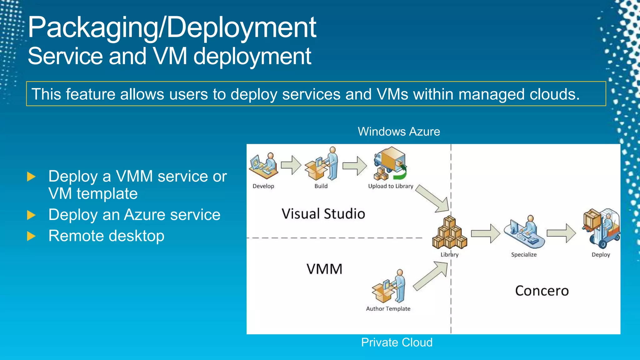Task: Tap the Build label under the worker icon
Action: click(321, 186)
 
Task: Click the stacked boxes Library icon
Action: click(449, 233)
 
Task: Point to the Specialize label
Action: click(524, 255)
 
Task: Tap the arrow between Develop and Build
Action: click(291, 165)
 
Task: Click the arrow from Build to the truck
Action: click(355, 166)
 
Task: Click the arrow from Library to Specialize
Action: click(486, 233)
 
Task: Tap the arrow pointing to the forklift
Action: click(561, 233)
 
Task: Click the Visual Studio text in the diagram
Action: click(323, 214)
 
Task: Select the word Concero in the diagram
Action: click(542, 291)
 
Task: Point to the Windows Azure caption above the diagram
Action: click(399, 132)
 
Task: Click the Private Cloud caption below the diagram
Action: click(397, 342)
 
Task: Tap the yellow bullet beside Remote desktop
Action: click(31, 236)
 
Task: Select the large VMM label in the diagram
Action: click(324, 269)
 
